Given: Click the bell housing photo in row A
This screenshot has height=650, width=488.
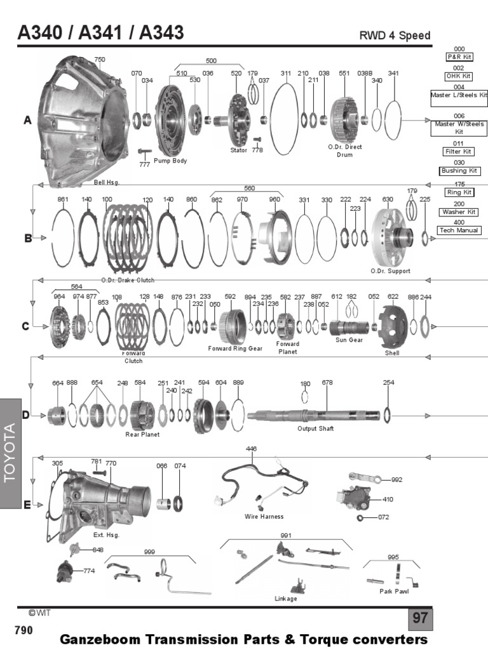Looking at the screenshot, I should [x=83, y=117].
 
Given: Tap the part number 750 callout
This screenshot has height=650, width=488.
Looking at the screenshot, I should [x=100, y=60].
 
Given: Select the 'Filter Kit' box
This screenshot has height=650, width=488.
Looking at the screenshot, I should [x=458, y=152].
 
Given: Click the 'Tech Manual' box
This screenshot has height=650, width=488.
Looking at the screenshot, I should [x=458, y=230].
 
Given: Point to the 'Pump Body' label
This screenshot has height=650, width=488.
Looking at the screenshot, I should [x=170, y=161].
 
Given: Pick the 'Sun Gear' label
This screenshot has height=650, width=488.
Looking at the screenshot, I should [x=349, y=340].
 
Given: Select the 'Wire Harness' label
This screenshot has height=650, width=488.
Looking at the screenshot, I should [x=264, y=517].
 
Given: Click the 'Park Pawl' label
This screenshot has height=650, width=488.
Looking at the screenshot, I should [x=394, y=591].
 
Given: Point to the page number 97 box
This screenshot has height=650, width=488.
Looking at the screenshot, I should [x=420, y=618].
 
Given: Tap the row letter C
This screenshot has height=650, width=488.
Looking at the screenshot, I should [x=26, y=326].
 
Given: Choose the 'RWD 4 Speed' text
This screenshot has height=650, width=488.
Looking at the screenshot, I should [x=395, y=36].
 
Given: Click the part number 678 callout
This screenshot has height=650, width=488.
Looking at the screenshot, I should [x=327, y=383].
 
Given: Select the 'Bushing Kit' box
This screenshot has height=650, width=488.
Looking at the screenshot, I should [x=458, y=171].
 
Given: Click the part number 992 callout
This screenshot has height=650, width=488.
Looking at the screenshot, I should [x=396, y=480].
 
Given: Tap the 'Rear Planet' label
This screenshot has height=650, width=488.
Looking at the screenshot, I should [x=142, y=435].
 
